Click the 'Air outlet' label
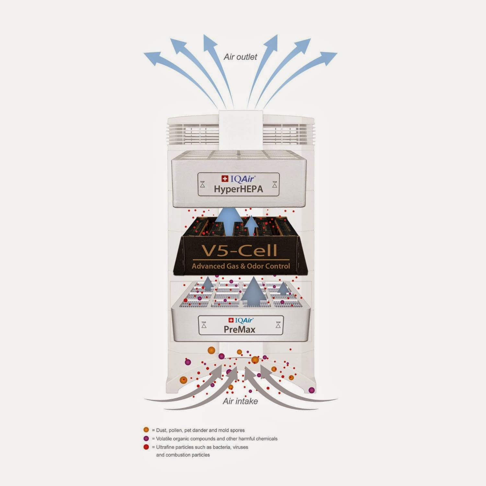click(x=240, y=57)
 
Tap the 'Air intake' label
click(x=240, y=401)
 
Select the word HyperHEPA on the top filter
click(x=238, y=189)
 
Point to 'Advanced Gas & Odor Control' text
click(x=241, y=266)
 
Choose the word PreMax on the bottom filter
click(x=239, y=330)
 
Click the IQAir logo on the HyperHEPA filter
click(x=238, y=179)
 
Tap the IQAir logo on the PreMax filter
click(x=240, y=320)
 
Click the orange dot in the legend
click(x=146, y=430)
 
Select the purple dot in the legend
click(x=146, y=438)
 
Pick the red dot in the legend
click(x=146, y=447)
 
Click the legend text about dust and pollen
click(x=200, y=430)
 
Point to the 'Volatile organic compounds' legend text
click(x=216, y=439)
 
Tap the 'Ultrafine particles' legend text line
click(x=202, y=447)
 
